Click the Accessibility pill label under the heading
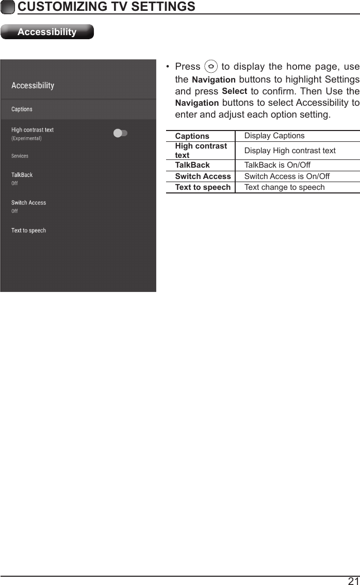47,32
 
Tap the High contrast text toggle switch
120,133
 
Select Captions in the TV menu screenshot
22,109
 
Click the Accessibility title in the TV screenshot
33,86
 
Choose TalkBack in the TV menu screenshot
22,175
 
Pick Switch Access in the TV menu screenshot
29,203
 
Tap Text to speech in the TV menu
29,231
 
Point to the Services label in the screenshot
20,156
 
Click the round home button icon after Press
210,67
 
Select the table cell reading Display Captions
274,136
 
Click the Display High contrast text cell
290,151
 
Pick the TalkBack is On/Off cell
277,166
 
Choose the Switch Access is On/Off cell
287,176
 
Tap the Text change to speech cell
285,187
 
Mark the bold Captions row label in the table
192,136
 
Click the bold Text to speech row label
203,187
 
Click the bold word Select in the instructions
234,92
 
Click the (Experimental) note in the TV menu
27,138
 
